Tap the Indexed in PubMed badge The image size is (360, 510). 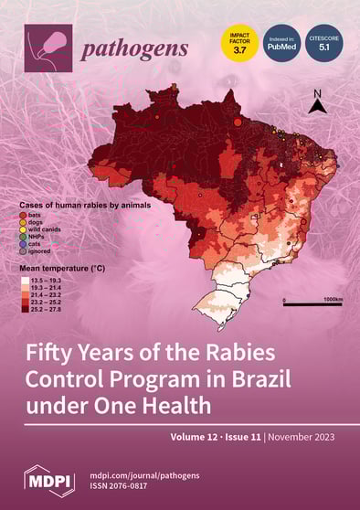pos(281,42)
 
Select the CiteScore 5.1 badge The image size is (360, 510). pos(326,42)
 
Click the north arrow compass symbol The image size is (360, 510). pos(316,101)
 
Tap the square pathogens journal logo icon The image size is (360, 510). pos(48,47)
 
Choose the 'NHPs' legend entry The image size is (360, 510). pos(42,236)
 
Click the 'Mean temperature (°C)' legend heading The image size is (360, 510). pos(68,270)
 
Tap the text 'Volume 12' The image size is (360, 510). pos(194,438)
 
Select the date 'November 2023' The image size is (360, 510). pos(304,438)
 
